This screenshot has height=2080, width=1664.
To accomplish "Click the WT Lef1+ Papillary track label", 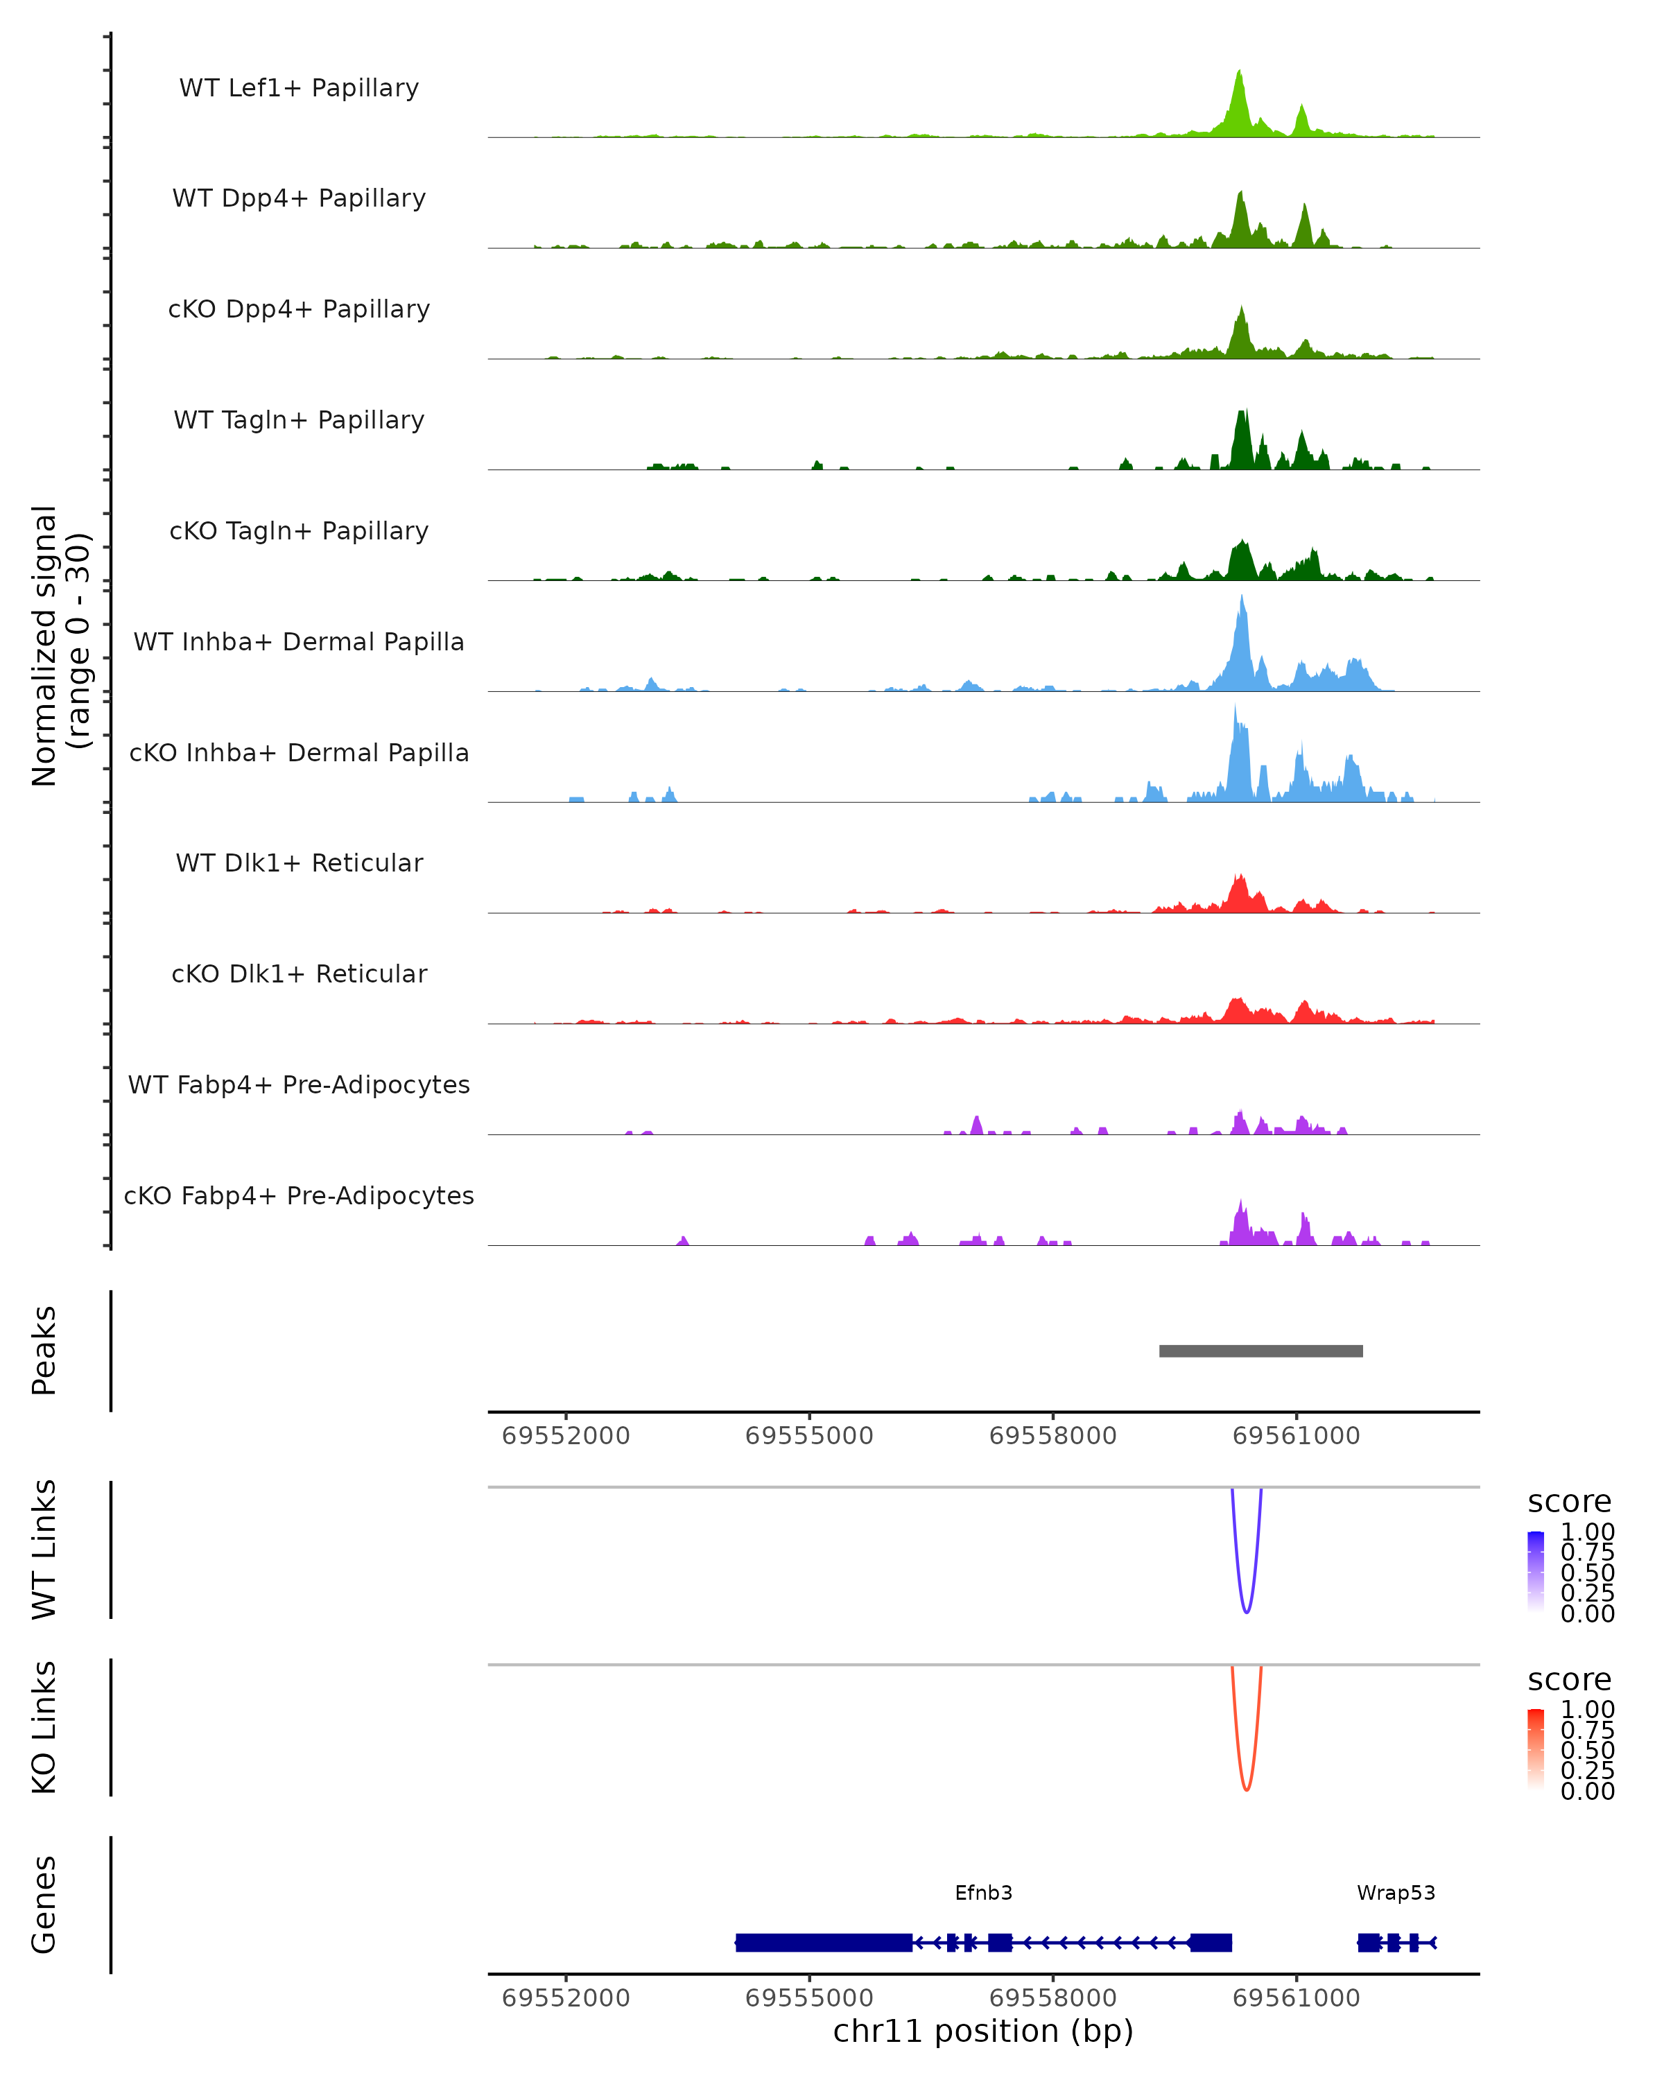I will coord(299,88).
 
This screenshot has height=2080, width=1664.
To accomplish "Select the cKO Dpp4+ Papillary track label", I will coord(299,309).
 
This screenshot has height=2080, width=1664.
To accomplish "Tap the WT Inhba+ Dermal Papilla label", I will coord(299,641).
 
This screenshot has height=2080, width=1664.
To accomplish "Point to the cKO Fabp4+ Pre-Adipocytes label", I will coord(299,1195).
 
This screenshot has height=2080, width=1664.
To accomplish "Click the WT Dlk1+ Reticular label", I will coord(299,863).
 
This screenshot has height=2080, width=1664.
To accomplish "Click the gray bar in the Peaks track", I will coord(1260,1351).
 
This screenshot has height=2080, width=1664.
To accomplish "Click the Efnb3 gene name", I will coord(983,1893).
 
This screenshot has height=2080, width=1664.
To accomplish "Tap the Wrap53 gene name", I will coord(1396,1893).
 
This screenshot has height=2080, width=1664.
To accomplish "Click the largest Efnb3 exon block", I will coord(824,1942).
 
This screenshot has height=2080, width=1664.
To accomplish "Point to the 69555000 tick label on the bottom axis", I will coord(809,1998).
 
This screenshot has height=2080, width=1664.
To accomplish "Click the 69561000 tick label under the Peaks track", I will coord(1296,1436).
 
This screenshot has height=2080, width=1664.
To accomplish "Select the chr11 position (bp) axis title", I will coord(983,2031).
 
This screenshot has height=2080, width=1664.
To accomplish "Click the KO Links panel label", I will coord(44,1727).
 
